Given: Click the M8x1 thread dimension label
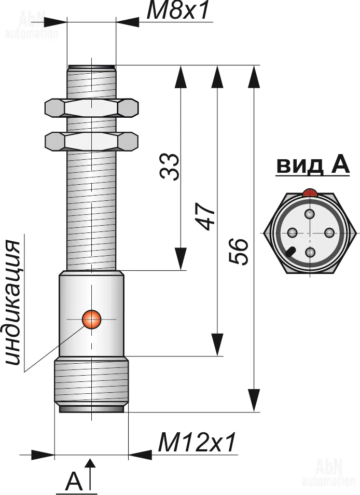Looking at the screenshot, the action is tap(178, 10).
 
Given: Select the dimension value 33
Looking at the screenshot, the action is tap(170, 167).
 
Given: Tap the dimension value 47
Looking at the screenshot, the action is tap(205, 216).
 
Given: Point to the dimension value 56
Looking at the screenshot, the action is tap(238, 252).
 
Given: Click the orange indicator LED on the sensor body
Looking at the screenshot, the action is tap(91, 319).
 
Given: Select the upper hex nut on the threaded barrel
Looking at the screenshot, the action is tap(91, 107).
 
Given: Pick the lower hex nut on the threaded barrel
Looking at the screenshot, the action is tap(91, 142).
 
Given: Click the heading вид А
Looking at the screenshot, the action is tap(313, 166).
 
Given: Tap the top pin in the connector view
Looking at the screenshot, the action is tap(310, 214).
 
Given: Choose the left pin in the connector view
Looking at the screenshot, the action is tap(293, 233).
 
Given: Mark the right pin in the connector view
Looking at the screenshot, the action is tap(329, 233).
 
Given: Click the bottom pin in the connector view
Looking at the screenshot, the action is tap(311, 252).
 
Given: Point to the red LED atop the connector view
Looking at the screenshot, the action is tap(310, 193).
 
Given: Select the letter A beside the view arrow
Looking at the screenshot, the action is tap(75, 482).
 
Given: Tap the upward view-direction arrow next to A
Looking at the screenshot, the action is tap(91, 475).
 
